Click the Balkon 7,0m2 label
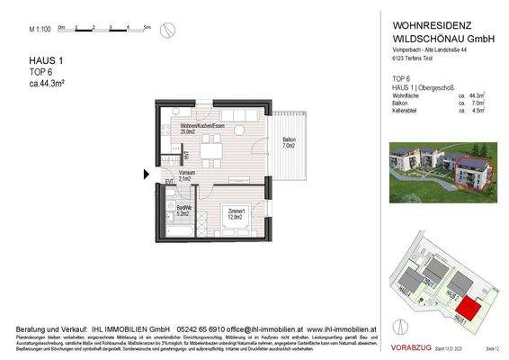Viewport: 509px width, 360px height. [289, 144]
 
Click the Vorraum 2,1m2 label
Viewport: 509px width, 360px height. [185, 176]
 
